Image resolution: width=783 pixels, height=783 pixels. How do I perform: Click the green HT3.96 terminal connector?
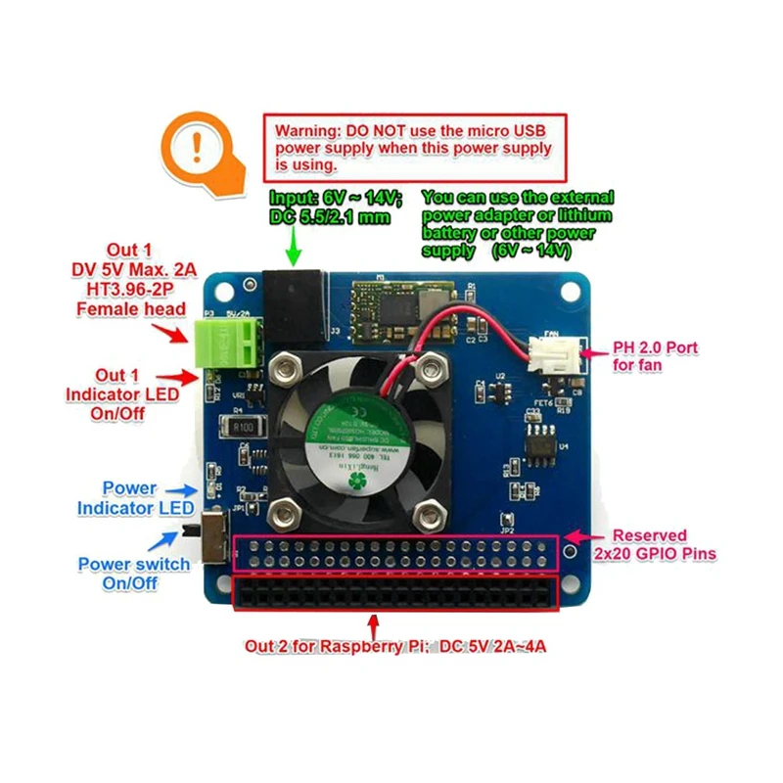click(x=233, y=343)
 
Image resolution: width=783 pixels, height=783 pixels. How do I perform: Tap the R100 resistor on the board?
click(x=239, y=427)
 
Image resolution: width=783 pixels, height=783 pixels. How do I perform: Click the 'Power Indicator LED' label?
click(x=129, y=498)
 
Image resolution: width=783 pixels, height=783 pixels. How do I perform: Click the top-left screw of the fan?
click(x=287, y=370)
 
